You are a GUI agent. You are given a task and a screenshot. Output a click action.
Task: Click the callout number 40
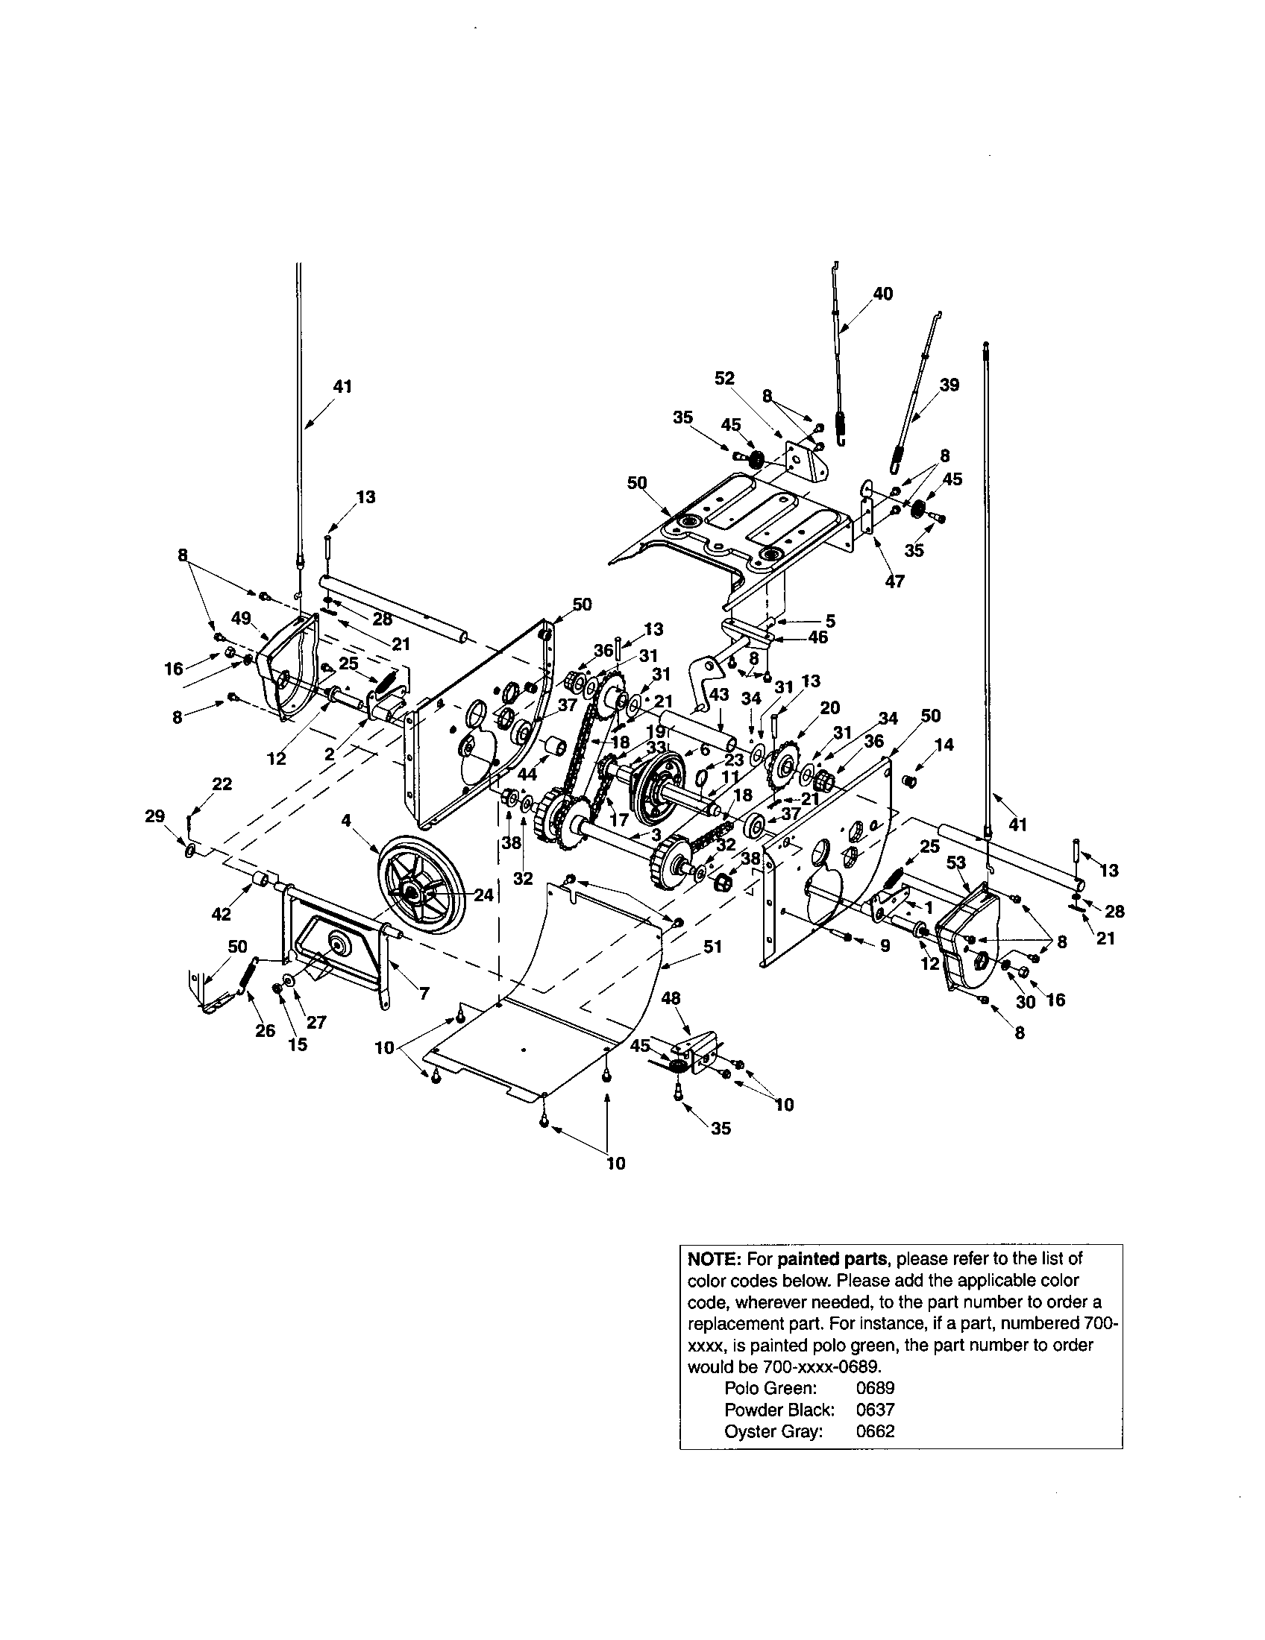(882, 294)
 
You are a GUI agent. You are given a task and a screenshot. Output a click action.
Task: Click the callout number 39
(949, 385)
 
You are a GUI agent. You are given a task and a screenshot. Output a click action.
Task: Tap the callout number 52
(724, 378)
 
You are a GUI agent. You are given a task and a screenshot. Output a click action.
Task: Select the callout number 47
(894, 581)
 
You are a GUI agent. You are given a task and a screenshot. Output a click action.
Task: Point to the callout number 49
(241, 618)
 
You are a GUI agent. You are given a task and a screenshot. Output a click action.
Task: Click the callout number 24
(484, 895)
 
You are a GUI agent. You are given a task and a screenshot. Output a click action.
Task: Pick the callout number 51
(713, 947)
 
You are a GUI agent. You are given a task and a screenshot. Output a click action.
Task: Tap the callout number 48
(671, 998)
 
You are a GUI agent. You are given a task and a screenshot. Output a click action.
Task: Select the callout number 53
(955, 863)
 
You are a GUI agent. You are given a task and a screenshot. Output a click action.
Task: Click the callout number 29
(154, 817)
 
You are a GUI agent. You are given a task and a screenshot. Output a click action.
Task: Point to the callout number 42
(221, 914)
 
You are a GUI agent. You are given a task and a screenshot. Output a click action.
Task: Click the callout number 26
(266, 1031)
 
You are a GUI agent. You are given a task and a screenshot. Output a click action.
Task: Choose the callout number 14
(944, 744)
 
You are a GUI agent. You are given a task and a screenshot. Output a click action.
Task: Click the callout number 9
(884, 947)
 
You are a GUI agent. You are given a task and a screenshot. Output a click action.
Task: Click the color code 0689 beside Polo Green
(875, 1388)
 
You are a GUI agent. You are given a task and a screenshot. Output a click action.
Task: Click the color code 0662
(875, 1431)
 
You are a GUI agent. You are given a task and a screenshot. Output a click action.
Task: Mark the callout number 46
(817, 637)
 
